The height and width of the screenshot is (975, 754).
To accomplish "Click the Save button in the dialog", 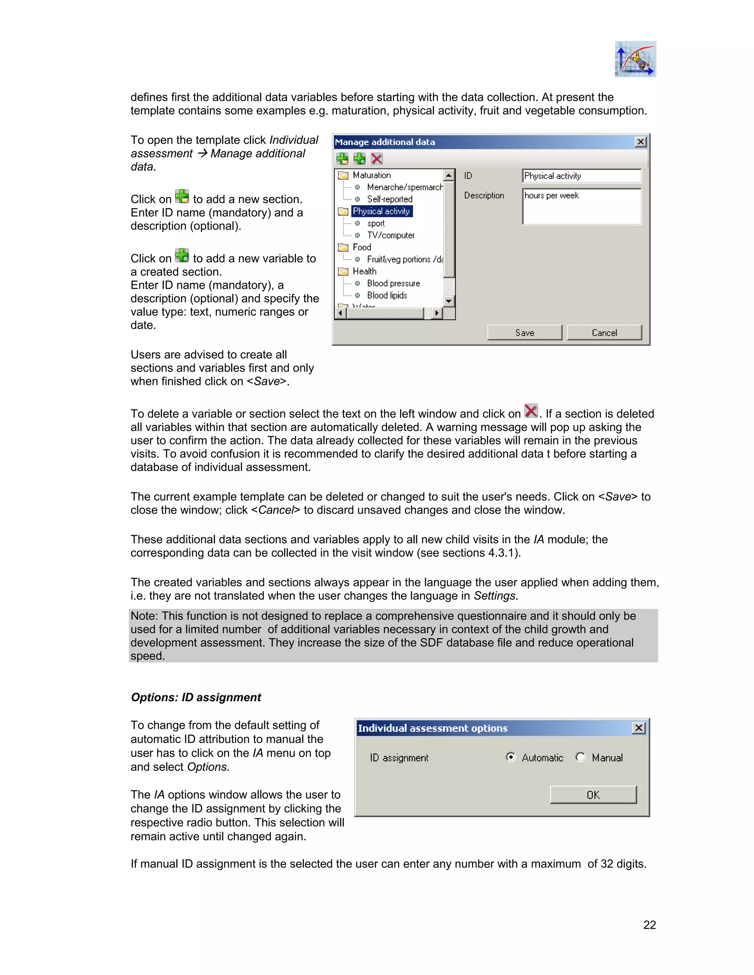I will click(524, 333).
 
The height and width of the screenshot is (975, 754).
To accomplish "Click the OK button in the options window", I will click(593, 795).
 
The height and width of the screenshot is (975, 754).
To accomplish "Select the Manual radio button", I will click(580, 757).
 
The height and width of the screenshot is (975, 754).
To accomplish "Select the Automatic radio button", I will click(511, 757).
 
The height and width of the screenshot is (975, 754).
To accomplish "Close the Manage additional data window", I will click(641, 142).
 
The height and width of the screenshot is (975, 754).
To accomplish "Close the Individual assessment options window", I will click(639, 728).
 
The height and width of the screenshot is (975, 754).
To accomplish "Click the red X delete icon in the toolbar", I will click(377, 159).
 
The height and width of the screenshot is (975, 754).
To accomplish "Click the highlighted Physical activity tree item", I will click(381, 211).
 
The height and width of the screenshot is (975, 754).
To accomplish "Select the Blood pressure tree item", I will click(393, 283).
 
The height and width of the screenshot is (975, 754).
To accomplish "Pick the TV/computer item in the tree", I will click(390, 235).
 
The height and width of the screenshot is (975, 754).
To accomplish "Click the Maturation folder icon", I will click(343, 175).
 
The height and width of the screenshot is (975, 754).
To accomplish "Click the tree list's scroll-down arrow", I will click(449, 301).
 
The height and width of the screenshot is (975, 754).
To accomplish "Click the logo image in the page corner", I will click(635, 59).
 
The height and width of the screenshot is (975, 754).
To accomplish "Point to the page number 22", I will click(649, 925).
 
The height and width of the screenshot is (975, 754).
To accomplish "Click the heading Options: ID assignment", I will click(195, 697).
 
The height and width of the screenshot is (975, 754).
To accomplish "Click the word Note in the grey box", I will click(144, 616).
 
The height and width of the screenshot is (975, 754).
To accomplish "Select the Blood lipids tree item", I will click(387, 295).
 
